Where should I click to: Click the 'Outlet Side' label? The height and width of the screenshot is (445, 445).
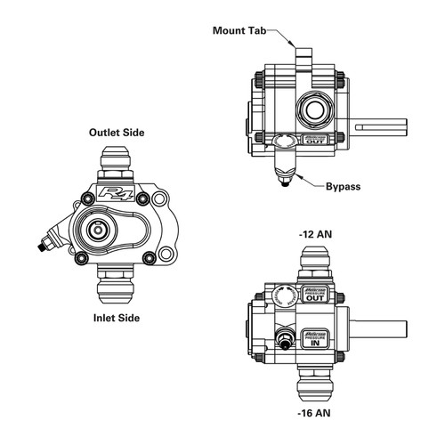116,133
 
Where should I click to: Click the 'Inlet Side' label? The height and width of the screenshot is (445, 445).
116,316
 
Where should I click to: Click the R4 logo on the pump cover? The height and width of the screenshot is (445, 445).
116,193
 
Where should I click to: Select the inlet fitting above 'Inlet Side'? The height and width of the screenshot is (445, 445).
117,283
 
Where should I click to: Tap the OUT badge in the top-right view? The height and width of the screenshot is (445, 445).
316,140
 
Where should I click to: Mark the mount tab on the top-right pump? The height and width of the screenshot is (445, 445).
303,58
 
